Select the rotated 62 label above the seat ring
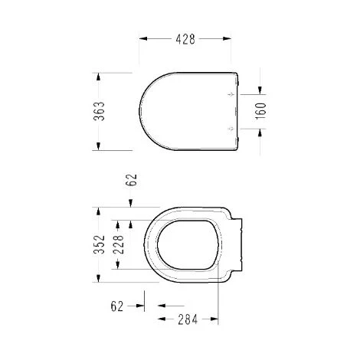(132, 181)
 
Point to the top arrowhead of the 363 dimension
(98, 76)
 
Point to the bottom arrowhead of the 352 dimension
(98, 280)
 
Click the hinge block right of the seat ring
(240, 244)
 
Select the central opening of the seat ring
(187, 244)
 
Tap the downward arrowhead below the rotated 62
(132, 205)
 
